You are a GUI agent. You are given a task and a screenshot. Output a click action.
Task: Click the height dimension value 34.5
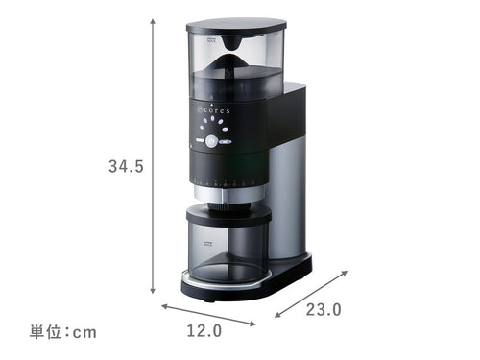(126, 166)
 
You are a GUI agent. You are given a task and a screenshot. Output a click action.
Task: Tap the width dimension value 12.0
(204, 330)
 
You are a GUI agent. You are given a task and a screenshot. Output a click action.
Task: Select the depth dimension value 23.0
(324, 310)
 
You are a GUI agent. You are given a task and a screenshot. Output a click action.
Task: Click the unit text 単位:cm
(63, 332)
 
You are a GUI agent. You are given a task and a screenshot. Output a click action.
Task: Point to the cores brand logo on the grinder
(213, 110)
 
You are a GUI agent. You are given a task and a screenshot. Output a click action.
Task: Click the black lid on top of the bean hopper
(236, 26)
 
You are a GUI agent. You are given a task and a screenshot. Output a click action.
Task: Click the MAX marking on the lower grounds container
(208, 244)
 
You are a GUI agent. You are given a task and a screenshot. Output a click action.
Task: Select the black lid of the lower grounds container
(228, 215)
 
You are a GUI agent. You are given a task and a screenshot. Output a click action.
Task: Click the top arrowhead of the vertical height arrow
(153, 20)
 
